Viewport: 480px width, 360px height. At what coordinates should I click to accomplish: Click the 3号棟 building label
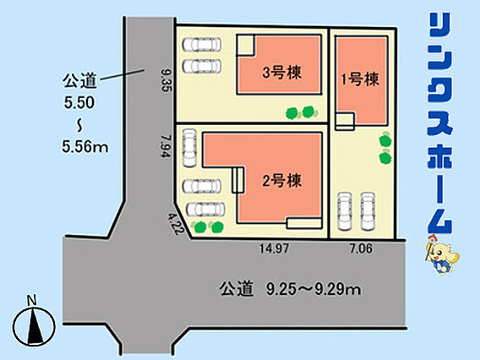coord(282,73)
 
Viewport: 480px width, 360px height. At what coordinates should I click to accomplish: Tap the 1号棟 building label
coord(360,79)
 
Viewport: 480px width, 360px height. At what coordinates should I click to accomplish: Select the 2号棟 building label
coord(282,180)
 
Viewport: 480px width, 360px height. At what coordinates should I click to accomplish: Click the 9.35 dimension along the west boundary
coord(167,80)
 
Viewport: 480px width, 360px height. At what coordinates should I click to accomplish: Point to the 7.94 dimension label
coord(166,147)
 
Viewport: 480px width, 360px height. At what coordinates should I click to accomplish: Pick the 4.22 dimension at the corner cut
coord(174,224)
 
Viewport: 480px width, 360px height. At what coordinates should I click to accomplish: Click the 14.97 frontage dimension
coord(274,248)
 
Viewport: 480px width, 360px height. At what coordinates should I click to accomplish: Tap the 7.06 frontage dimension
coord(361,248)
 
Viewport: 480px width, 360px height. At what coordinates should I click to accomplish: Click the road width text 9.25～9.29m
coord(314,289)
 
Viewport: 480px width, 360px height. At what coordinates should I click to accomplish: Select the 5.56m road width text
coord(85,147)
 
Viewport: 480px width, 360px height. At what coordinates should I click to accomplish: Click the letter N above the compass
coord(32,300)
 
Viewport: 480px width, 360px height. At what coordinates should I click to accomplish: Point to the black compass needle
coord(34,326)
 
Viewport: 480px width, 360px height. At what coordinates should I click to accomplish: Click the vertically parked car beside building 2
coord(189,148)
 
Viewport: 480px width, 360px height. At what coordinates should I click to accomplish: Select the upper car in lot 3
coord(202,45)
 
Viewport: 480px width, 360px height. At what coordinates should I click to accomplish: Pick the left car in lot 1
coord(345,211)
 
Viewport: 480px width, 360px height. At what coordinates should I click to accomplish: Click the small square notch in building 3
coord(245,45)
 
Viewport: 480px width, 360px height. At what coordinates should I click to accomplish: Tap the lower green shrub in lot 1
coord(385,157)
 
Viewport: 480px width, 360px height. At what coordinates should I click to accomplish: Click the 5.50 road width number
coord(79,102)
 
